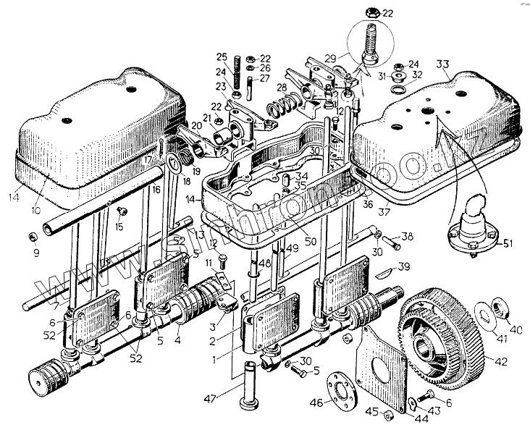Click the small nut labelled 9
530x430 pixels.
point(33,237)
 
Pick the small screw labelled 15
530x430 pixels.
point(121,211)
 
